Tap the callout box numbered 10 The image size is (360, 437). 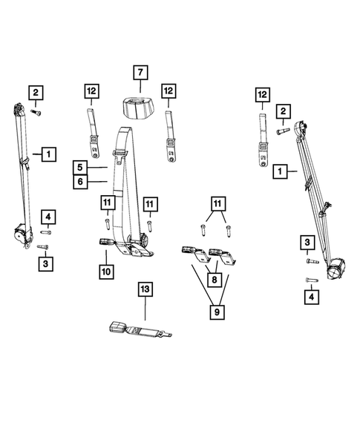(x=106, y=272)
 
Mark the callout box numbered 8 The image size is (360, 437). (x=216, y=280)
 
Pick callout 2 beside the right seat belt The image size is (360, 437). (x=282, y=111)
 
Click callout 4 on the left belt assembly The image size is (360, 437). (x=48, y=217)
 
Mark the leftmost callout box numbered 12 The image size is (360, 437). (x=91, y=91)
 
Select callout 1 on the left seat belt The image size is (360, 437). (x=48, y=154)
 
